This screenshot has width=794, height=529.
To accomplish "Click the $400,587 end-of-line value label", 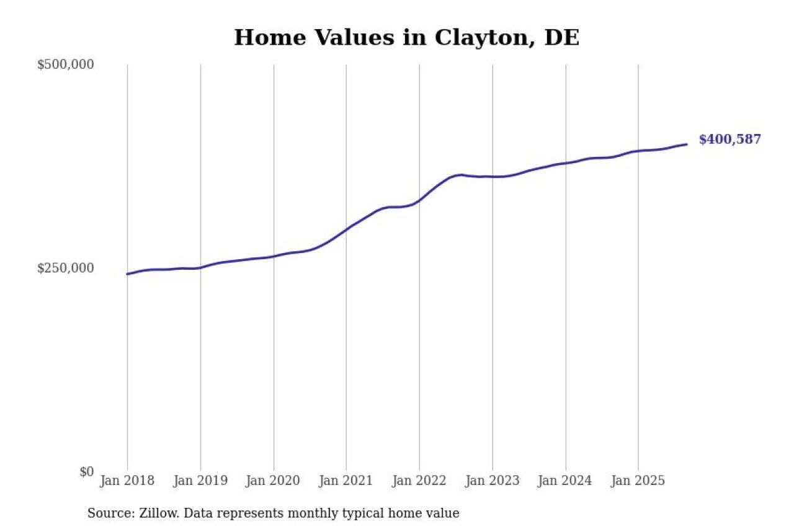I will (x=729, y=140).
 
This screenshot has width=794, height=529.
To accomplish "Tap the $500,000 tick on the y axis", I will (x=65, y=64).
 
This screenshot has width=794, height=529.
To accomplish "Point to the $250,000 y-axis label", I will (x=65, y=268).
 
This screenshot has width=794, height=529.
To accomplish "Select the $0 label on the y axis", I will (x=86, y=471).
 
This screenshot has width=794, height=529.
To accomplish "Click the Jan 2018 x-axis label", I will (x=127, y=481).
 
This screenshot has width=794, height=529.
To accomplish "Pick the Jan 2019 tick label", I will (x=200, y=481).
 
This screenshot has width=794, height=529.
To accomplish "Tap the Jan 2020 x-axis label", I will (x=274, y=481).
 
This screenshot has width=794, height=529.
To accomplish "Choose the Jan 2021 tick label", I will (x=346, y=481).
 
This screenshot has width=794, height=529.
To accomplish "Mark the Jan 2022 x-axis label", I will (x=419, y=481).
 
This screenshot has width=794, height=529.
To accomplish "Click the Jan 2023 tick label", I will (x=493, y=481).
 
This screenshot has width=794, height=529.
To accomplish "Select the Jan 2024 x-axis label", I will (x=565, y=481).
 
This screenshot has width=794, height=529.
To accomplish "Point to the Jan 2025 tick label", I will (x=638, y=481).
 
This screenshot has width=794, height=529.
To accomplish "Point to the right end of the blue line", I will (x=686, y=144).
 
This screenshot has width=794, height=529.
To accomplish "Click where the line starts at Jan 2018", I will (x=128, y=273).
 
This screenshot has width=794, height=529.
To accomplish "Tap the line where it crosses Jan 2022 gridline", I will (x=419, y=200).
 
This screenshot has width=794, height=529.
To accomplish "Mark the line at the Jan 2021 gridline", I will (x=346, y=229).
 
